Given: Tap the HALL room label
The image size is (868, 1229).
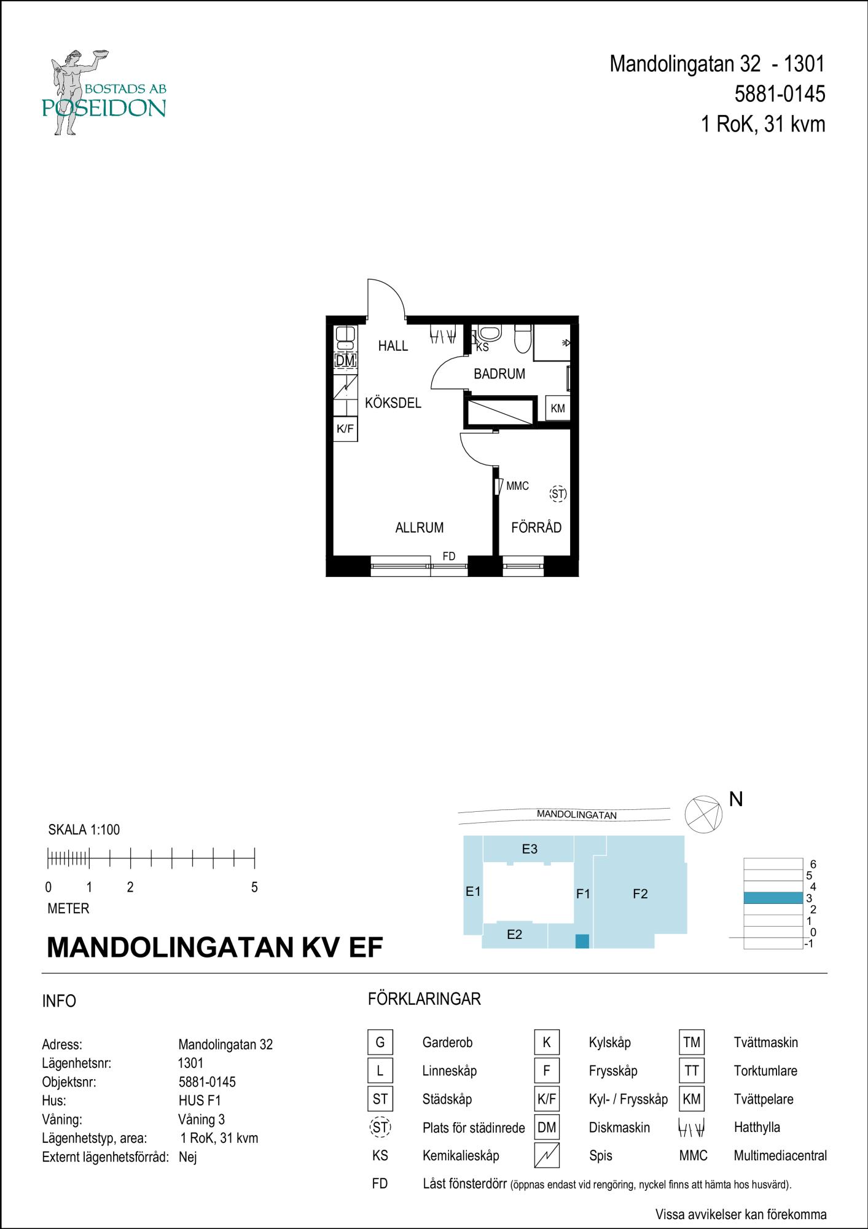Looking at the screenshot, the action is [393, 346].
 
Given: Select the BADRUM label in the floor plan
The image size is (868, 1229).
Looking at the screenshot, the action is [499, 374].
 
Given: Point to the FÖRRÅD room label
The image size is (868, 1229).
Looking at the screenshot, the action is [536, 527].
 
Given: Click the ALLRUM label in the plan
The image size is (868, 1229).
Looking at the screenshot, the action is [420, 527].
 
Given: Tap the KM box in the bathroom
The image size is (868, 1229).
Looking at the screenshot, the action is [558, 408].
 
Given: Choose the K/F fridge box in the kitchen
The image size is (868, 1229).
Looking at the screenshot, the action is [345, 429].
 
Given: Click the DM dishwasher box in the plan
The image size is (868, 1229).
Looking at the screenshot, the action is [345, 361].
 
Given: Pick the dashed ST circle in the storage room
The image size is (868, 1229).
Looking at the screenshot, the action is [558, 493].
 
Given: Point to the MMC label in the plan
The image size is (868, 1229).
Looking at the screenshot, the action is [517, 486].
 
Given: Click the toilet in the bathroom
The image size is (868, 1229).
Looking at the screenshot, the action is [522, 339].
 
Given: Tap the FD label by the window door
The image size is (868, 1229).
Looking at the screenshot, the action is [449, 556].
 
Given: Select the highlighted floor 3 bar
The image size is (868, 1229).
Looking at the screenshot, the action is [773, 898].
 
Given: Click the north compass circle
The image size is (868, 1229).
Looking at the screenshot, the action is [703, 814].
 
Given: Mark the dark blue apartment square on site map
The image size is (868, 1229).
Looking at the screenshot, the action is [582, 941].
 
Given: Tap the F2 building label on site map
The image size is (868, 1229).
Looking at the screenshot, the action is [640, 894].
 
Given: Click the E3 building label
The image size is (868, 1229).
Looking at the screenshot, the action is [530, 849].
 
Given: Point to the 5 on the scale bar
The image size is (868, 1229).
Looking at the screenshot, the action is [254, 887].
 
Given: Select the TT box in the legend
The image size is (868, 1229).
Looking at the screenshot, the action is [692, 1070].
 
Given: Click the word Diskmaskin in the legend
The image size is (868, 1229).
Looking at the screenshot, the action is [619, 1128].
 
